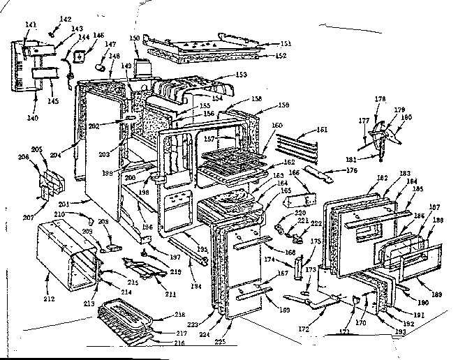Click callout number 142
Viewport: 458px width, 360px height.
click(66, 19)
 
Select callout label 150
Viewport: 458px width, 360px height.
click(135, 38)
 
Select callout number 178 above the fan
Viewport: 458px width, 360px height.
click(379, 100)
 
